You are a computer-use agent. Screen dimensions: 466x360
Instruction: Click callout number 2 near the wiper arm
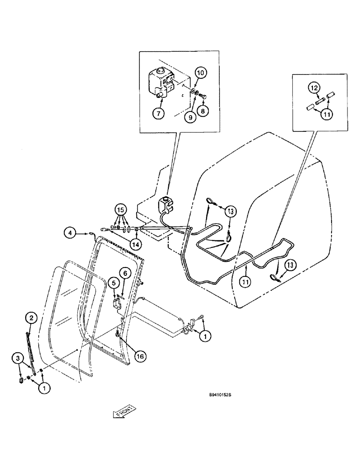pyautogui.click(x=31, y=318)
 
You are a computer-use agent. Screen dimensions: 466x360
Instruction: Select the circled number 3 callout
pyautogui.click(x=17, y=357)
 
